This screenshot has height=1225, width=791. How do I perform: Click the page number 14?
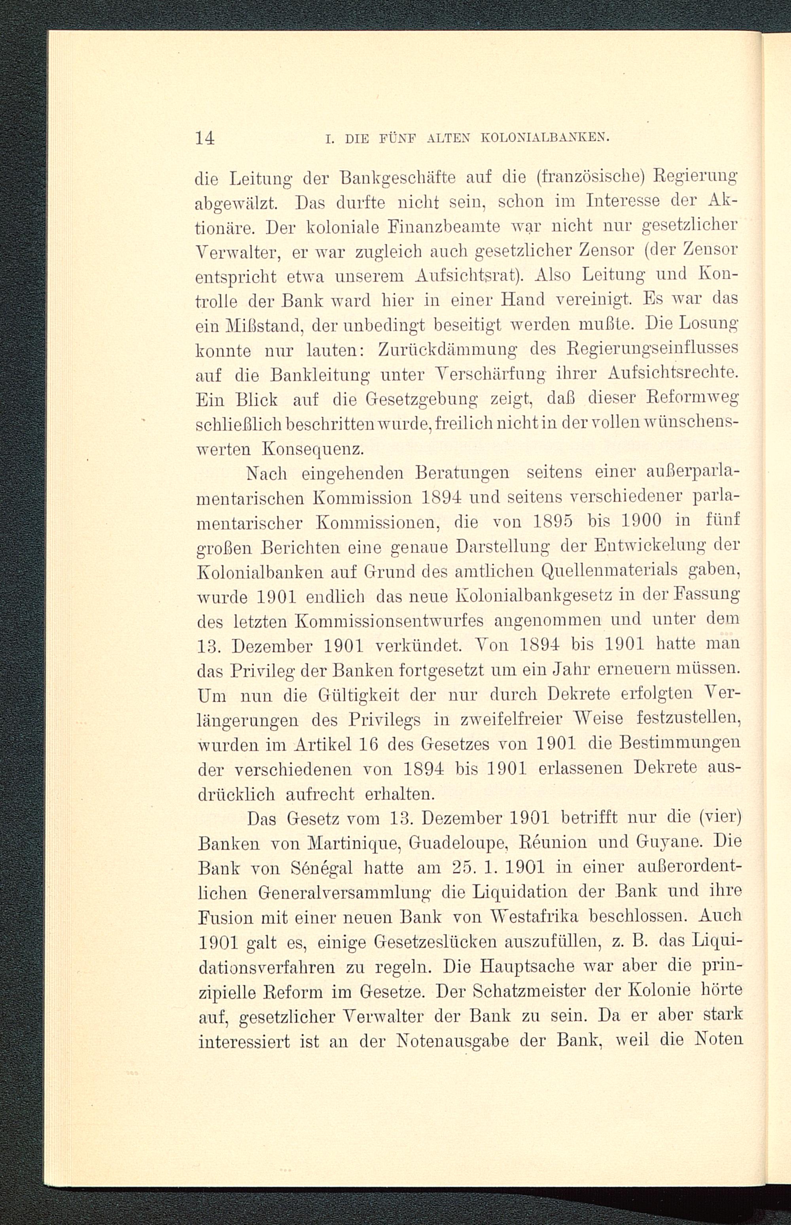click(x=204, y=138)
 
